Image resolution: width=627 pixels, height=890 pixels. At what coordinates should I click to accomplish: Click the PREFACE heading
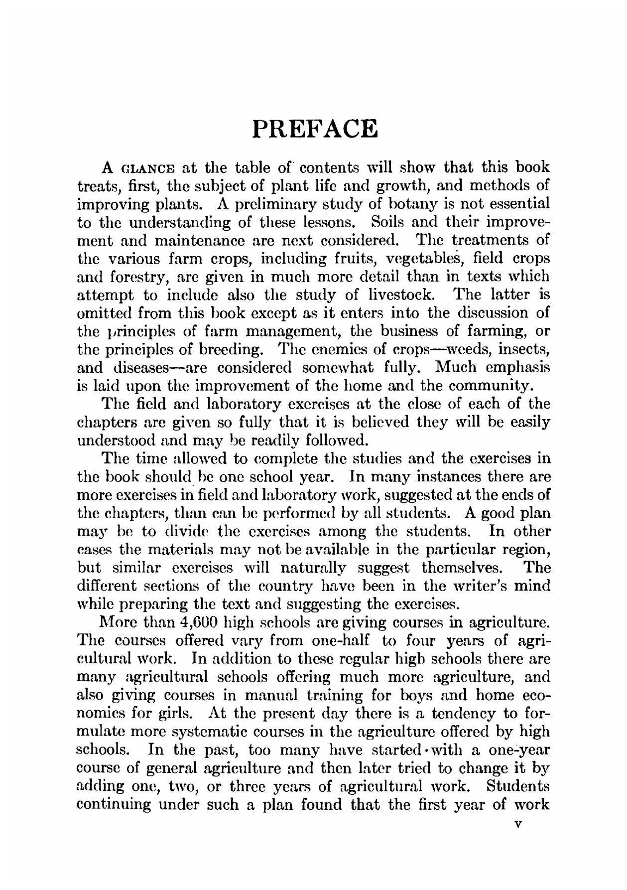[315, 129]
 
